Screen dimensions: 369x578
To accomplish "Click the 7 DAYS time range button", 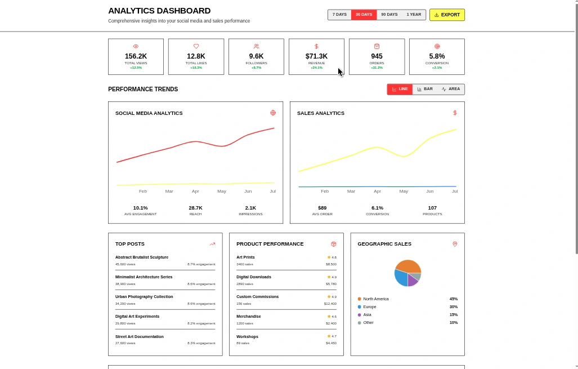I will click(x=339, y=15).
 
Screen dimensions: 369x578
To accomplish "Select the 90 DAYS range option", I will click(x=389, y=15).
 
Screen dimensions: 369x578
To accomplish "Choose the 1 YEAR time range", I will click(x=414, y=15).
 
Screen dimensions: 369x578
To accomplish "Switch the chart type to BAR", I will click(x=425, y=89).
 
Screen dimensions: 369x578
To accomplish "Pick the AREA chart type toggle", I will click(x=451, y=89).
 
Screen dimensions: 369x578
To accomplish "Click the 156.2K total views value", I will click(x=136, y=56).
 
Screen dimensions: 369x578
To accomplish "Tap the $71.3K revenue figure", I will click(x=316, y=56).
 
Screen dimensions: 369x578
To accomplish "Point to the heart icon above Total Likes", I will click(x=196, y=46).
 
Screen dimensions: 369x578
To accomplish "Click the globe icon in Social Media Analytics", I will click(x=273, y=113).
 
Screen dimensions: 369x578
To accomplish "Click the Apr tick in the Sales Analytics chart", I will click(x=377, y=192).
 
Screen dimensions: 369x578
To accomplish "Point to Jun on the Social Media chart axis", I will click(x=248, y=192).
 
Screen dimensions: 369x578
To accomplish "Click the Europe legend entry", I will click(x=370, y=307).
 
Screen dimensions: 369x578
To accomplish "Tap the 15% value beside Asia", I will click(x=453, y=315).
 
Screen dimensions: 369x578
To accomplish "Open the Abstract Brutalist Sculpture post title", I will click(x=142, y=257).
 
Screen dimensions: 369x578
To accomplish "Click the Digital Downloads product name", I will click(x=254, y=277).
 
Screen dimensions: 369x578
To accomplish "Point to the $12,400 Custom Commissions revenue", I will click(x=330, y=304).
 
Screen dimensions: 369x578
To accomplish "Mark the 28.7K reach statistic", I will click(x=195, y=208).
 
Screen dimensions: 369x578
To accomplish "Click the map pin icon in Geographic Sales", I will click(x=455, y=244).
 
